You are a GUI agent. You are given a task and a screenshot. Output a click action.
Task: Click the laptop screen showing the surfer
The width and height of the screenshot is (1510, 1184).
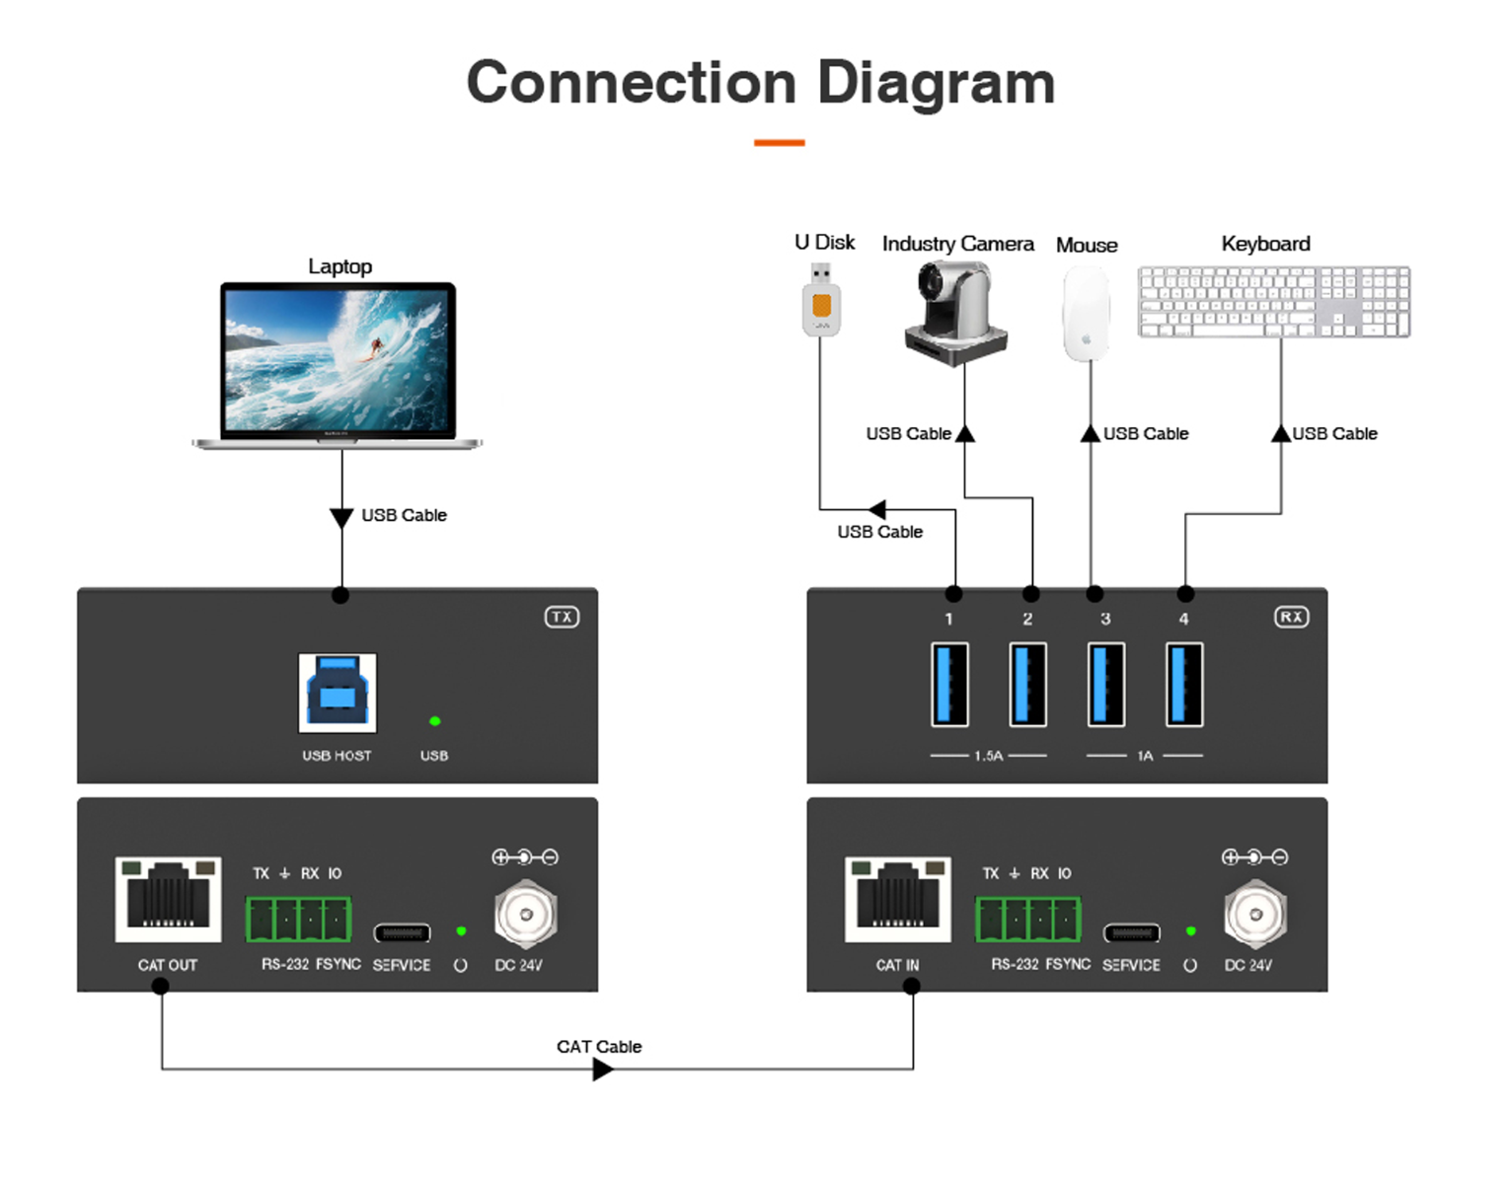[338, 360]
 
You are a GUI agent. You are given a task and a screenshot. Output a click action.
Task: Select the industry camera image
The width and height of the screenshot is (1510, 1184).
[955, 314]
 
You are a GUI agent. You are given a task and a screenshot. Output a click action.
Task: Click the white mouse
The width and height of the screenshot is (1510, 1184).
[1086, 314]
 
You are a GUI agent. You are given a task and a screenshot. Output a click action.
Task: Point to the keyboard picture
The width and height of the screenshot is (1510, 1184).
[1273, 302]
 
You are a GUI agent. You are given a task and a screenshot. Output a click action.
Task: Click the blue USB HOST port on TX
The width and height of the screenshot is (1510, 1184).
[338, 693]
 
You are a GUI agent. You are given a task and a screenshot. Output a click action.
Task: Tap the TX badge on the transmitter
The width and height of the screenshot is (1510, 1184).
[562, 618]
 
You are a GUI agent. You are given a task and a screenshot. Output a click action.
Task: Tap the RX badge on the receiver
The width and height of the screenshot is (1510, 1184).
[1291, 618]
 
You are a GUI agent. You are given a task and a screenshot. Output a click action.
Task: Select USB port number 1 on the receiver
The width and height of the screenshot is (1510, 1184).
[949, 685]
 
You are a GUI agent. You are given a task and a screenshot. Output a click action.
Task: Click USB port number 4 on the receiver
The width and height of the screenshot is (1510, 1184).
[1184, 685]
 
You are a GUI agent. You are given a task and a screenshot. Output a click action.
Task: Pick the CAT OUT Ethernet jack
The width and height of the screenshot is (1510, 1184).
[168, 899]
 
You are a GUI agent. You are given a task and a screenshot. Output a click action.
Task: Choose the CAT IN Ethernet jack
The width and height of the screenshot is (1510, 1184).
[898, 899]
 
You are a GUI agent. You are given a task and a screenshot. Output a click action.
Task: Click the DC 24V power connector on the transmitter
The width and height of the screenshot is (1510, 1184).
[525, 915]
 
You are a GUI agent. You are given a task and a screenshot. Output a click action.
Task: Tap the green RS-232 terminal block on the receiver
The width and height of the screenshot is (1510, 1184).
[1028, 919]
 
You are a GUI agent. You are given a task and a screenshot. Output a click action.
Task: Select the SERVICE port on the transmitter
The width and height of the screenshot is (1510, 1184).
[402, 933]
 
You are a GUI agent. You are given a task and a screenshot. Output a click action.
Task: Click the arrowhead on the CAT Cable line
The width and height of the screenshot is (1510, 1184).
[602, 1070]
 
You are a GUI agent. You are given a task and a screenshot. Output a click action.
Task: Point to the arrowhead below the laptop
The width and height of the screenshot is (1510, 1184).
[341, 518]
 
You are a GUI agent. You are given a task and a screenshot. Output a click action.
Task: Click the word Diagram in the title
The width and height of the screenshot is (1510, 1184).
[936, 83]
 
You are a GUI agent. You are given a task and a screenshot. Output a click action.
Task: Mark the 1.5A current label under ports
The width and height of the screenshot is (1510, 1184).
[988, 756]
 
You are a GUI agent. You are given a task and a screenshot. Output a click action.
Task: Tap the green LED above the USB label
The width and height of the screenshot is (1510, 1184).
[435, 721]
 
